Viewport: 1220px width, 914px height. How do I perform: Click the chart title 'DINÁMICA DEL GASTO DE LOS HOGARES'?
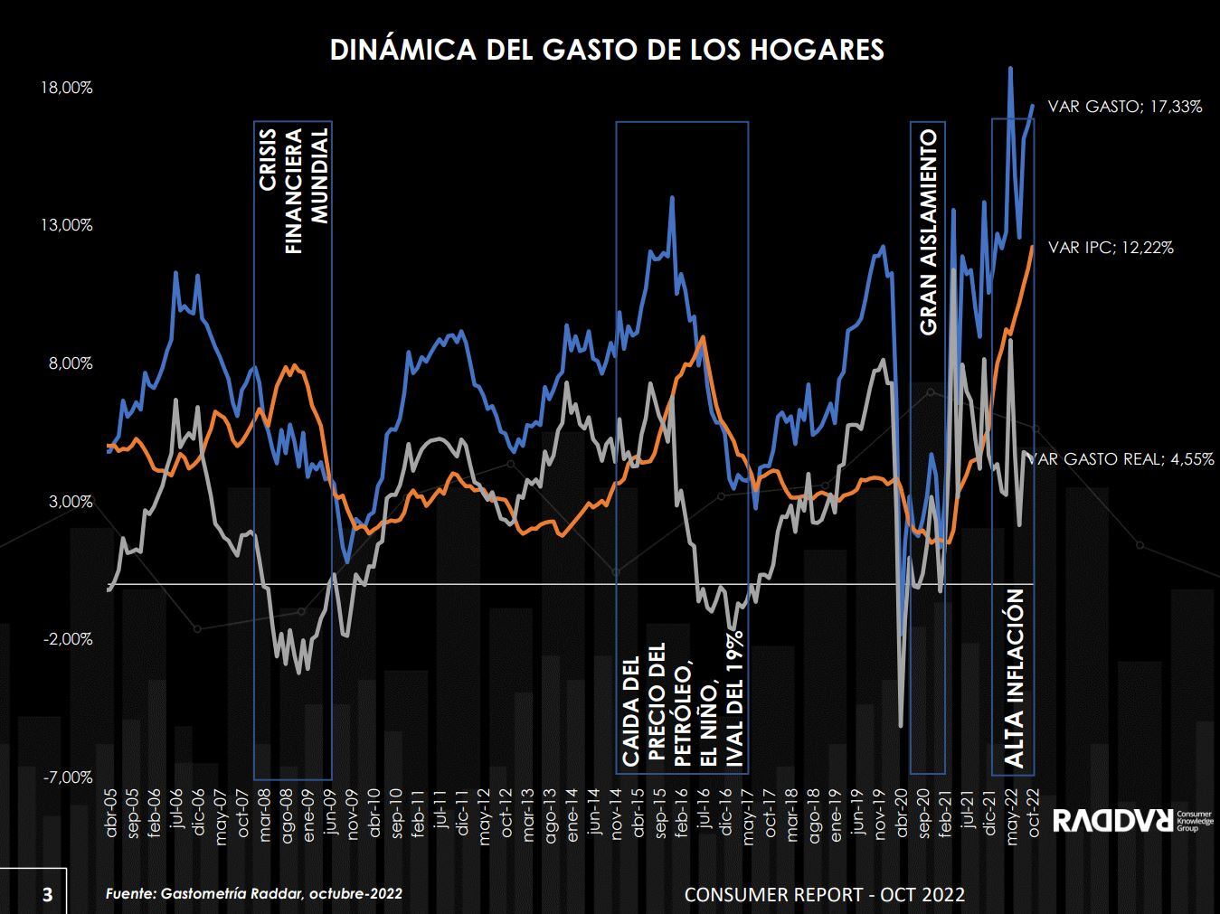click(x=607, y=49)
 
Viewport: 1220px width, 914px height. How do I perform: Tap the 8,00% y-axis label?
click(x=70, y=363)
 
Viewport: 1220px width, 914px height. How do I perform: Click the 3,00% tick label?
click(x=70, y=502)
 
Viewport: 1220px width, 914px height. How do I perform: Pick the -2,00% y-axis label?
click(x=68, y=639)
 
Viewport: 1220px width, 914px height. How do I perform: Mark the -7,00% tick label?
click(x=68, y=777)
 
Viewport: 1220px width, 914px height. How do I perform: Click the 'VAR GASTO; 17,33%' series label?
click(x=1124, y=107)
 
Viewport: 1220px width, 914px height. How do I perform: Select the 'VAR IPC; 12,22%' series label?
click(x=1111, y=247)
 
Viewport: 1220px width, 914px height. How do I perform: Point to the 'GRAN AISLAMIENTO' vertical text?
click(x=929, y=232)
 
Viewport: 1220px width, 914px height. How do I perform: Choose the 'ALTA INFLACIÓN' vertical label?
click(x=1015, y=679)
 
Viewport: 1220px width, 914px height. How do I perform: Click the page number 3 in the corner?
click(x=47, y=895)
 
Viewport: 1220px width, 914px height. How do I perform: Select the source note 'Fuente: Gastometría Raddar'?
click(x=254, y=893)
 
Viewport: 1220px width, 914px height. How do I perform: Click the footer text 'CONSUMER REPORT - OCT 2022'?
click(x=824, y=894)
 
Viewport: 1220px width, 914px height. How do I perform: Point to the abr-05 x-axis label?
click(x=112, y=814)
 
